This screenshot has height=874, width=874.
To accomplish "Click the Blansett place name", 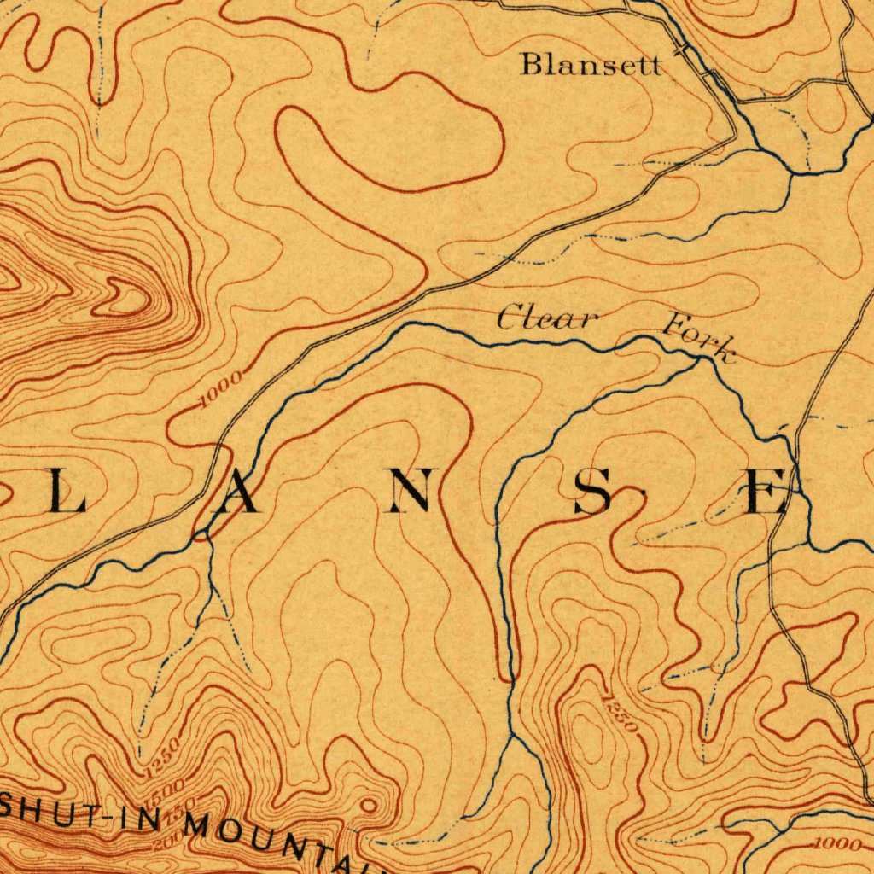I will (591, 64).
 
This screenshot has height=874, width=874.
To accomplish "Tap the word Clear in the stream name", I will (546, 320).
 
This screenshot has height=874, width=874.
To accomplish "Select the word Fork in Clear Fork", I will (698, 336).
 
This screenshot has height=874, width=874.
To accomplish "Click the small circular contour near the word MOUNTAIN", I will (368, 805).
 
